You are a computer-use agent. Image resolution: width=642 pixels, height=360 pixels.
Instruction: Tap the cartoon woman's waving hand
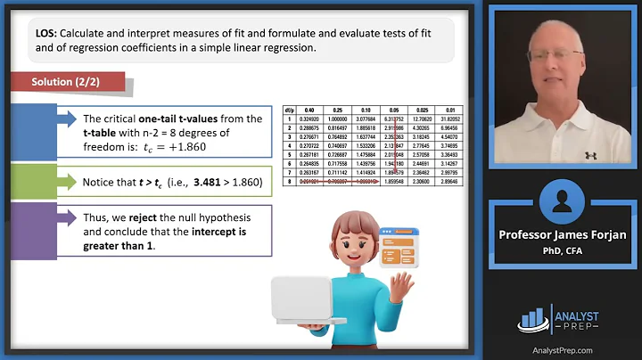pyautogui.click(x=405, y=283)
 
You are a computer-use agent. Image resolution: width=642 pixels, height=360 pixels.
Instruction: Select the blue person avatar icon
pyautogui.click(x=566, y=197)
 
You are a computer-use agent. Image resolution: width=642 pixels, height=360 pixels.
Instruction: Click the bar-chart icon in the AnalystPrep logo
pyautogui.click(x=534, y=318)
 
